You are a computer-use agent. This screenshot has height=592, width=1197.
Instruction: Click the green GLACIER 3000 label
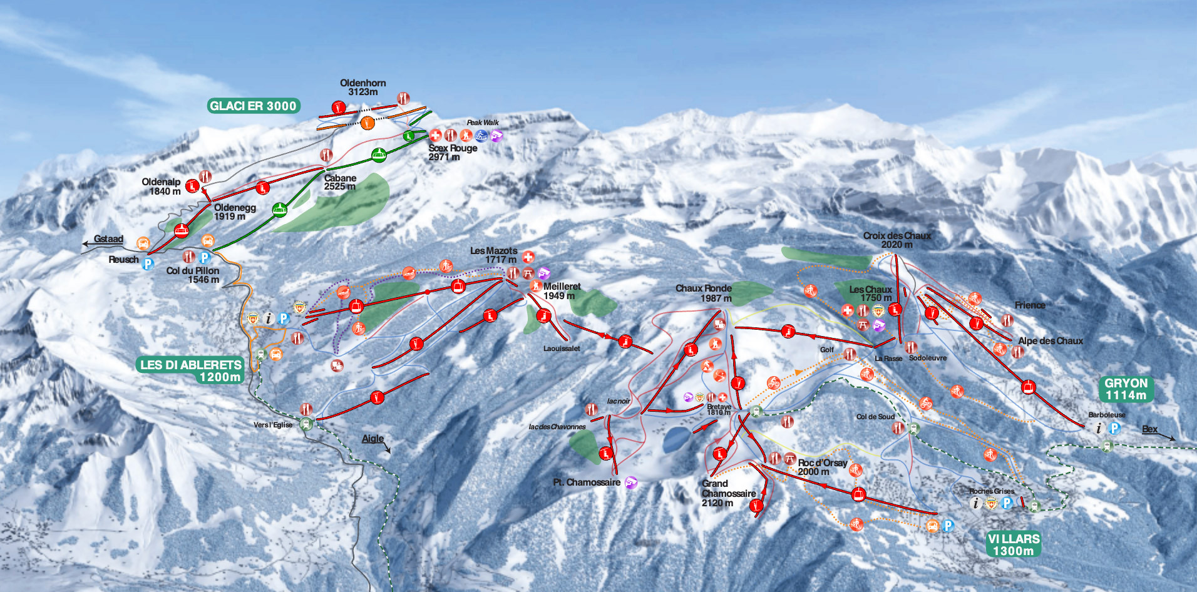253,106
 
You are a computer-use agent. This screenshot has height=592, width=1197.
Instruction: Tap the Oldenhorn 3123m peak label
362,87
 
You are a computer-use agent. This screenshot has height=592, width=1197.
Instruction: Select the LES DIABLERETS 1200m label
191,370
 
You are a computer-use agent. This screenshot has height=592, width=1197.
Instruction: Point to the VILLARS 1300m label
1014,544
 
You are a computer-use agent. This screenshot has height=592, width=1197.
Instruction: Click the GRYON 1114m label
1126,389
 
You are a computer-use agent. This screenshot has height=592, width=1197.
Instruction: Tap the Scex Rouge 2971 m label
452,152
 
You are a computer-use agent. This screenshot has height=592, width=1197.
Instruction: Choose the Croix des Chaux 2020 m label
896,240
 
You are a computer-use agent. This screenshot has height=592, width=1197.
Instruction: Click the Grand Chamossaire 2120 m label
727,493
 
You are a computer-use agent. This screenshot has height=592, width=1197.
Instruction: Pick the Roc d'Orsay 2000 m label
822,467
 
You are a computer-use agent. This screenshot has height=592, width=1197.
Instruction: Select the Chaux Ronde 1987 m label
704,293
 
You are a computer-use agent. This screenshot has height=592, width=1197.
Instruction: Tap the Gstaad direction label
108,238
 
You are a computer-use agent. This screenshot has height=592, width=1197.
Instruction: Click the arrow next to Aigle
386,448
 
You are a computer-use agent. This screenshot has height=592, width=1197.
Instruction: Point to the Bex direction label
1149,429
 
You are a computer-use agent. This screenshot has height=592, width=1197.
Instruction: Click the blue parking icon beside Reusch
148,263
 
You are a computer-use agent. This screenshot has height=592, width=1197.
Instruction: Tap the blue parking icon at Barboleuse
1114,428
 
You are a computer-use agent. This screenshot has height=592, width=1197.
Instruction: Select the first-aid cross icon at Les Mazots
528,257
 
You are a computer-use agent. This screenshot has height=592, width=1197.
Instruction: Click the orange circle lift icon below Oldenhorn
367,123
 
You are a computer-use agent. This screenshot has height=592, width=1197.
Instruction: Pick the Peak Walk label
483,123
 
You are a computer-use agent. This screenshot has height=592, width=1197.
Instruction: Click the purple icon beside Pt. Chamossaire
631,482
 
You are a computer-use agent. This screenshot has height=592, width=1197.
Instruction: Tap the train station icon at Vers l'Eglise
306,424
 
